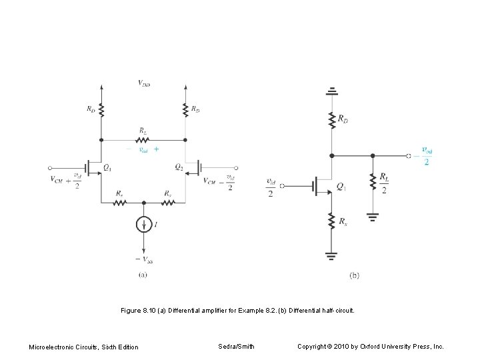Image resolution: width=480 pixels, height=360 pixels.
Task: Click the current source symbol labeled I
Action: [143, 225]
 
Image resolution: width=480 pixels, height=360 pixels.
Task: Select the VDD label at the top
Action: [143, 83]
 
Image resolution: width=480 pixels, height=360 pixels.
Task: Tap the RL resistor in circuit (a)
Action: [143, 140]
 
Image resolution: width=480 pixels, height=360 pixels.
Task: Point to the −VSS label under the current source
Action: [143, 259]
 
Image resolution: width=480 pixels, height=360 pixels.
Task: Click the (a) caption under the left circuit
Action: [143, 274]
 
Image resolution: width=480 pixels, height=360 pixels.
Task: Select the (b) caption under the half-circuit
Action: [353, 275]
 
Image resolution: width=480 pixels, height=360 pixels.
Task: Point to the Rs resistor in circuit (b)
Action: [331, 221]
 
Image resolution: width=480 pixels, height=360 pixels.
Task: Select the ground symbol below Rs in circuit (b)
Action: [331, 253]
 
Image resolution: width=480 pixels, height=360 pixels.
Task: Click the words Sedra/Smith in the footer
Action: [235, 346]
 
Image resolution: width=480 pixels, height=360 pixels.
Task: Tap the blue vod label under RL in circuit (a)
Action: [143, 149]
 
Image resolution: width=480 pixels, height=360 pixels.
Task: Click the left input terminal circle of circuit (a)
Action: [51, 168]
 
